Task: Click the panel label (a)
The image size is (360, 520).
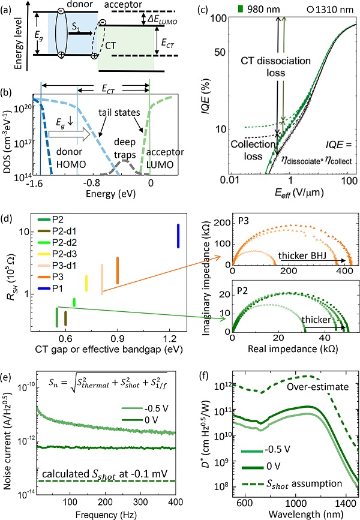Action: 9,8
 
